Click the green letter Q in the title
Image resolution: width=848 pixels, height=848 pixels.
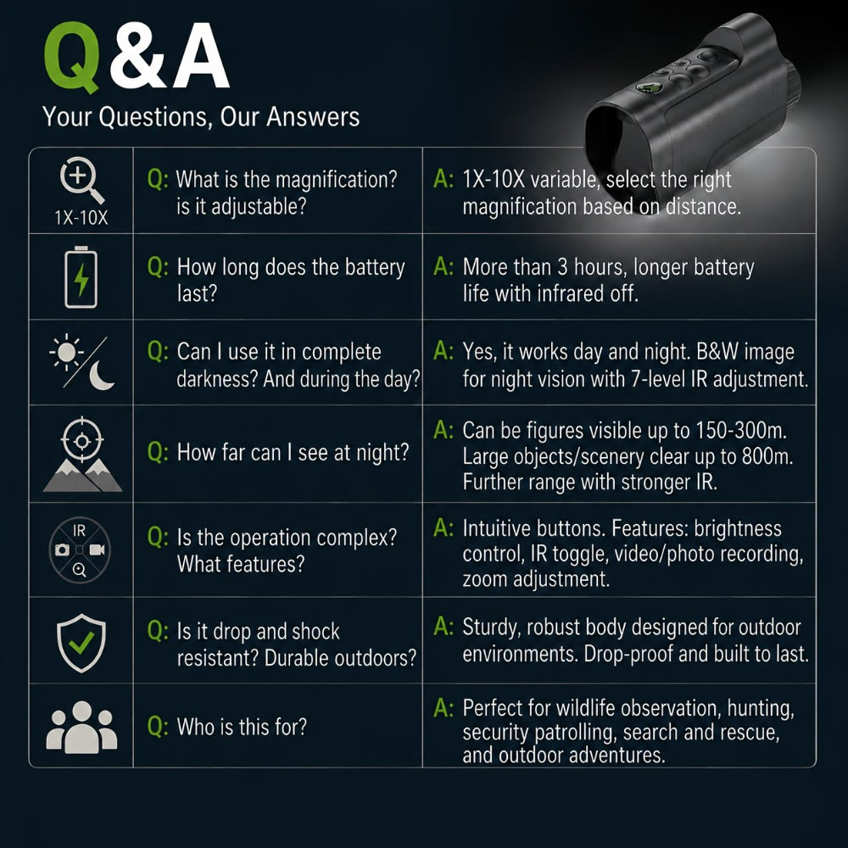point(72,57)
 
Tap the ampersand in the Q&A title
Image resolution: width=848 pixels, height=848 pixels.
point(138,56)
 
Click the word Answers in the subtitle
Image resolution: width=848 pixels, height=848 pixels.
point(313,116)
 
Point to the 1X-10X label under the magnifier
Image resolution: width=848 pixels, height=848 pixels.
point(81,217)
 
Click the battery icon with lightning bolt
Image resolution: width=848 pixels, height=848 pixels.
point(81,277)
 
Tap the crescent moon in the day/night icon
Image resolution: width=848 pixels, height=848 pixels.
point(101,376)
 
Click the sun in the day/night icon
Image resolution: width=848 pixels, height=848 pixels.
point(66,352)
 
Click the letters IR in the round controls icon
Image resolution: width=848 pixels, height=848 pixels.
point(79,531)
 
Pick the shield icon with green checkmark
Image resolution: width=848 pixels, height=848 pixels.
point(81,643)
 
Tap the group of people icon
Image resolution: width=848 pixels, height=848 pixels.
point(81,728)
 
